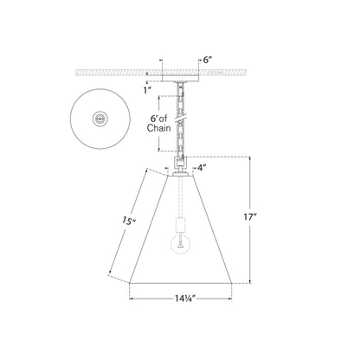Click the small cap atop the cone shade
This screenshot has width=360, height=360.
pos(181,173)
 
